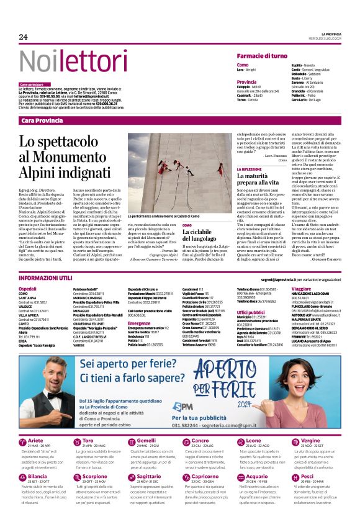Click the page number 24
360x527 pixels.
point(23,37)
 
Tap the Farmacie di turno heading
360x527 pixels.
point(261,56)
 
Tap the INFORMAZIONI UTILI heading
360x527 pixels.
point(45,279)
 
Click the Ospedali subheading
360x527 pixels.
point(28,289)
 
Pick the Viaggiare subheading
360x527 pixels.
point(301,289)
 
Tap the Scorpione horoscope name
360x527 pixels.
point(95,476)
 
